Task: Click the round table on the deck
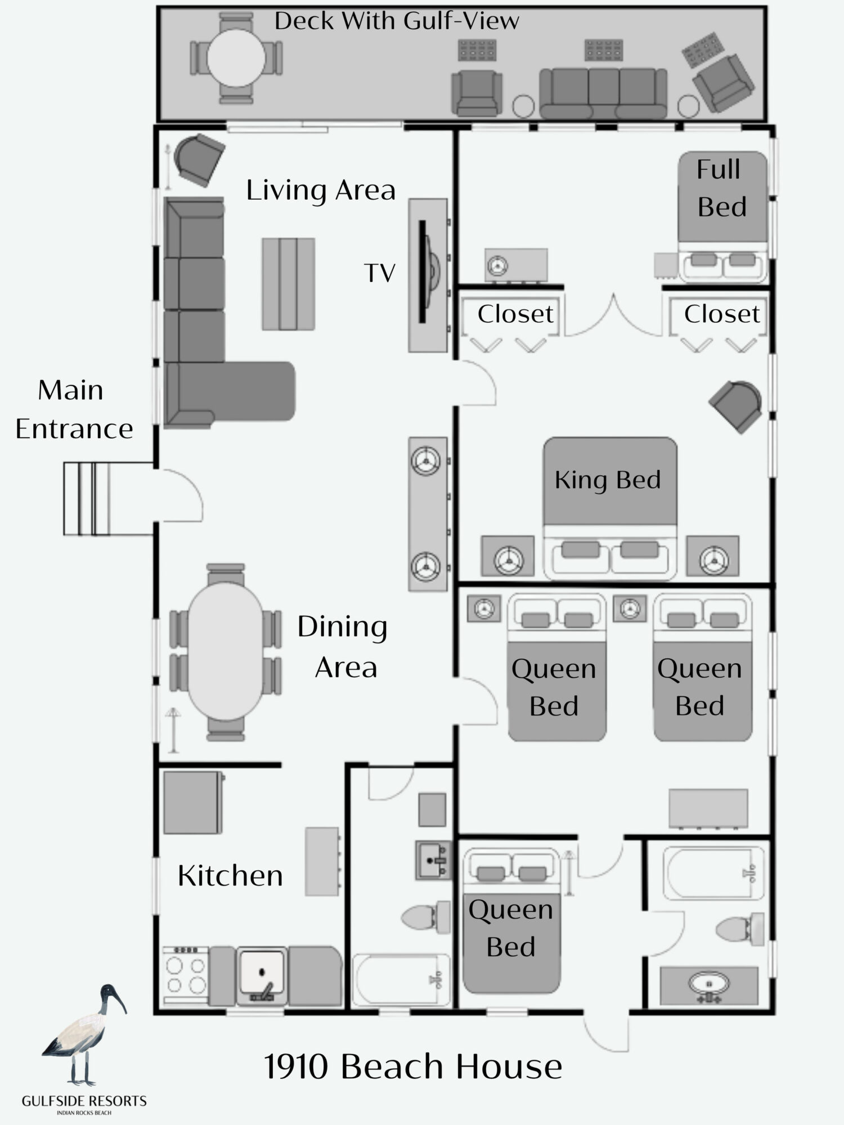236,58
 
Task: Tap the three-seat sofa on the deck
603,93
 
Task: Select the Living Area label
321,190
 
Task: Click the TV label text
380,273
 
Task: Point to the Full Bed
722,217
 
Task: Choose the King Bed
610,508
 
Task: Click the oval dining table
225,651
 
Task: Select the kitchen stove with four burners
186,976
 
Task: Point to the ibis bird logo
84,1035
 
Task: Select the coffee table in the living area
288,284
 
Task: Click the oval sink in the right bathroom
709,984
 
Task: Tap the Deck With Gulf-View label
397,21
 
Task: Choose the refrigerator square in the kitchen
193,803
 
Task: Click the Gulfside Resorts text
84,1101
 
